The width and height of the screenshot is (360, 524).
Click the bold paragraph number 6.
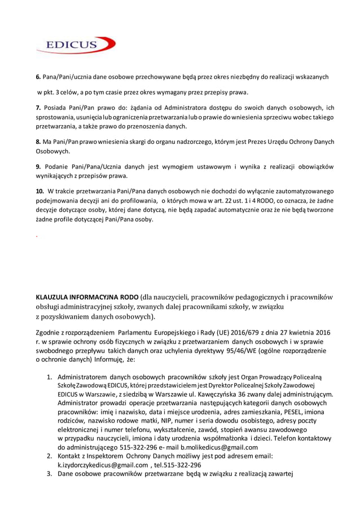(x=38, y=77)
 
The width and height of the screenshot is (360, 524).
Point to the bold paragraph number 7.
(x=38, y=108)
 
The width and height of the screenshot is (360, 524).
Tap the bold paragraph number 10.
(x=40, y=191)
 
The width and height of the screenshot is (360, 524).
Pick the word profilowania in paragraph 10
(x=131, y=200)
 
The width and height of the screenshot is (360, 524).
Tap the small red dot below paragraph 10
(x=37, y=236)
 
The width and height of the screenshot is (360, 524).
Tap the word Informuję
(x=111, y=359)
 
